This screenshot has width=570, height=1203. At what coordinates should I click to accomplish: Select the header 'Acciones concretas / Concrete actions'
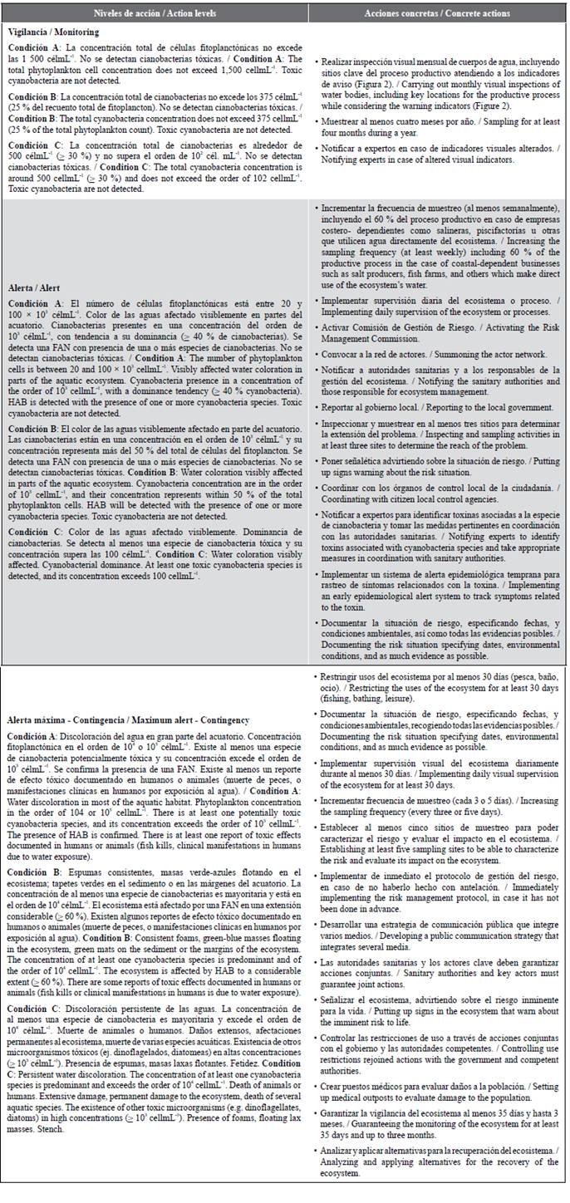click(x=437, y=13)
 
